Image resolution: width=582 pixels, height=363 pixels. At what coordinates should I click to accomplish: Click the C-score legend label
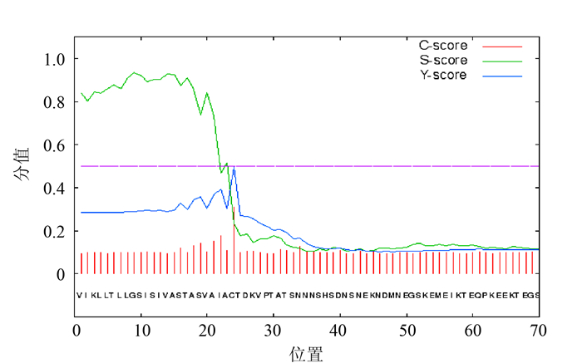(442, 45)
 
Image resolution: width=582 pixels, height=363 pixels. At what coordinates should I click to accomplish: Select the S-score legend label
(442, 60)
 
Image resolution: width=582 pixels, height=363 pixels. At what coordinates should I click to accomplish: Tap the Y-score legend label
(442, 75)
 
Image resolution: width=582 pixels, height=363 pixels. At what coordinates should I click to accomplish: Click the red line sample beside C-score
(501, 46)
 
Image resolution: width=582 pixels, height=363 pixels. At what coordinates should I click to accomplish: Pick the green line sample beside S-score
(501, 61)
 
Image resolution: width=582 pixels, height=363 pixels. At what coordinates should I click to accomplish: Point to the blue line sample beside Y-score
(501, 76)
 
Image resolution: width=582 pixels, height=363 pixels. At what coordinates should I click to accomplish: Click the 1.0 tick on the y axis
(54, 59)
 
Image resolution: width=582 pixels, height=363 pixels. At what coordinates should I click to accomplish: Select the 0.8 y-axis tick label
(54, 102)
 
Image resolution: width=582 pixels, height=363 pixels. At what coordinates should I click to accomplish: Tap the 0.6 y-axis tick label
(54, 145)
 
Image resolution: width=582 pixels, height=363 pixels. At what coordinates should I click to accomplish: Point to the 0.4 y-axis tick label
(54, 189)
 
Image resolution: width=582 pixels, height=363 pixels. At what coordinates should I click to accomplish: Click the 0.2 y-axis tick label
(54, 231)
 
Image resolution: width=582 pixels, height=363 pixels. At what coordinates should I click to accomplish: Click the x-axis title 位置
(307, 354)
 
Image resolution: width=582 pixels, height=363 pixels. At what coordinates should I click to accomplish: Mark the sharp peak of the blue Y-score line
(234, 167)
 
